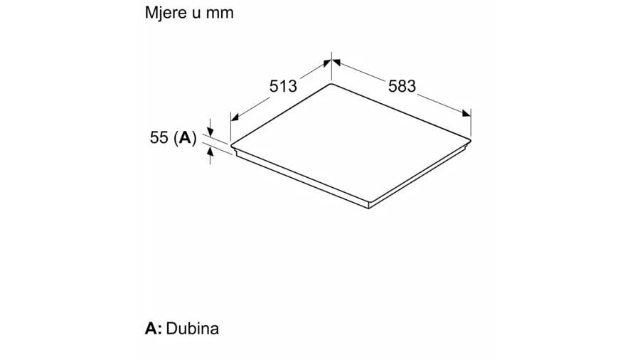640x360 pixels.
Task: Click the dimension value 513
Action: (x=283, y=86)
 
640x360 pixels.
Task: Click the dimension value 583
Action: (x=402, y=86)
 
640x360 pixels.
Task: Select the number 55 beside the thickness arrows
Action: (x=159, y=137)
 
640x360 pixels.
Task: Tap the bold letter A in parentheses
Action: (x=185, y=137)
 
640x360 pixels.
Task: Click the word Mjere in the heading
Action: (x=165, y=13)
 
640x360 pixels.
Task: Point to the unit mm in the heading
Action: (x=220, y=13)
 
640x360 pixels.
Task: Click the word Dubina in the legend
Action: (x=193, y=328)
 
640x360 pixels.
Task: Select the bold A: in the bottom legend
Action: (x=154, y=328)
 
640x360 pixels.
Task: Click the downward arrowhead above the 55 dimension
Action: (x=210, y=132)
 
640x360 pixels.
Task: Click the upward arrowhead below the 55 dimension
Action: (x=210, y=152)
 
